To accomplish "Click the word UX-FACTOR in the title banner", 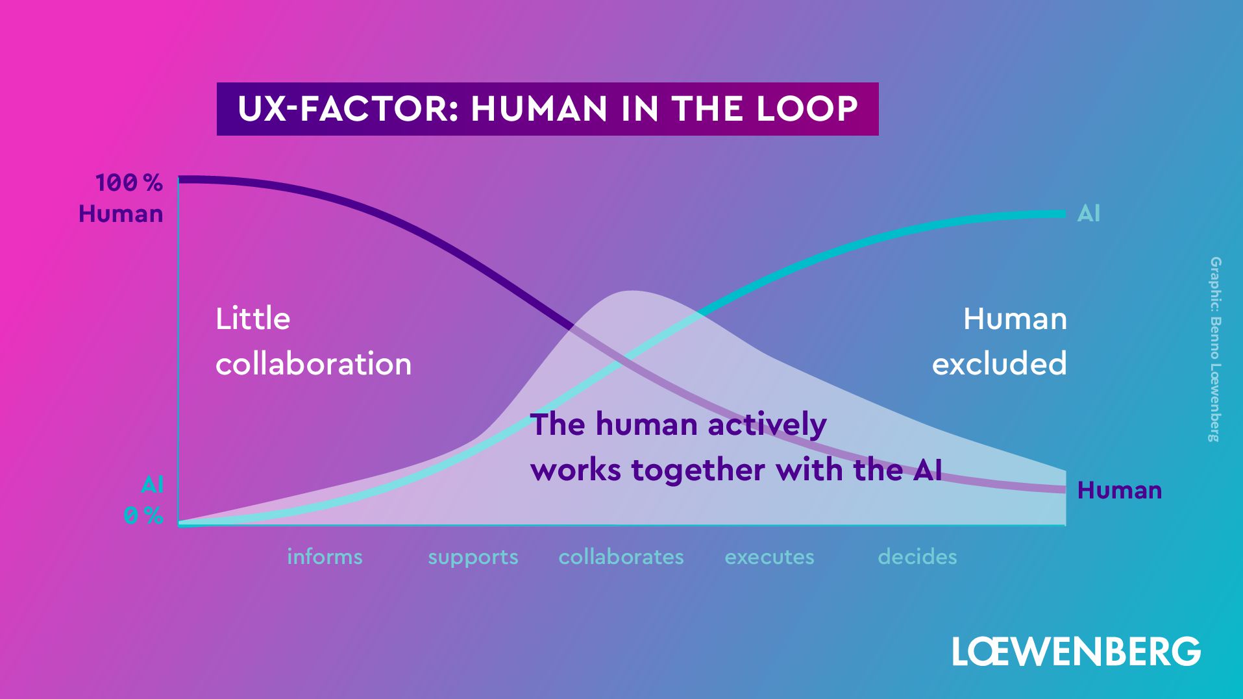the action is coord(343,109).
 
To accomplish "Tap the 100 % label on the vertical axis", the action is coord(129,183).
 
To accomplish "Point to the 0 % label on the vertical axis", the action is coord(143,516).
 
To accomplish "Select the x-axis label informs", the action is coord(325,557).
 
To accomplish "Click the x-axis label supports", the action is coord(473,557).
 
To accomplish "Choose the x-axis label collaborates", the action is coord(621,557).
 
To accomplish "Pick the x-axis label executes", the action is coord(769,557).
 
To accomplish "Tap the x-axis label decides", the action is coord(917,557).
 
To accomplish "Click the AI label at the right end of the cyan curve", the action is coord(1089,214).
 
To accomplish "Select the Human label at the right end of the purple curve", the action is coord(1119,491).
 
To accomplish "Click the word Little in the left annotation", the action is coord(252,319).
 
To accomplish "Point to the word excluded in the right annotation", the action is coord(999,364).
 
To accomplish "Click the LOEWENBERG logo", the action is coord(1076,651).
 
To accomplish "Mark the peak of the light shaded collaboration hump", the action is coord(630,291).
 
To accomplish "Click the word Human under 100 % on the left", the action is coord(121,214).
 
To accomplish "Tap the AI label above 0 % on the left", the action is coord(153,485).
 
